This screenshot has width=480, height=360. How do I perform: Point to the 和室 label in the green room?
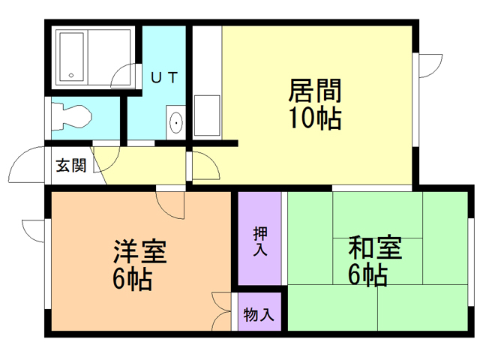point(374,248)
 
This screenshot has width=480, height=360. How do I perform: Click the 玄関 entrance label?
point(71,166)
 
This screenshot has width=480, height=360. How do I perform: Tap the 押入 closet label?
point(260,240)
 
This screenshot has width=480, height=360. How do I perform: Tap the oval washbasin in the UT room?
point(175,122)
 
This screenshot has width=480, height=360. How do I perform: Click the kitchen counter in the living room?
point(207,116)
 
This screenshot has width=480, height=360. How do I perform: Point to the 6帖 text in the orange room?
point(133,278)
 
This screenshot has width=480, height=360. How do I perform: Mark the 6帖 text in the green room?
point(367,275)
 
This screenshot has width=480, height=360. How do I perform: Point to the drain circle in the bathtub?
point(72,74)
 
